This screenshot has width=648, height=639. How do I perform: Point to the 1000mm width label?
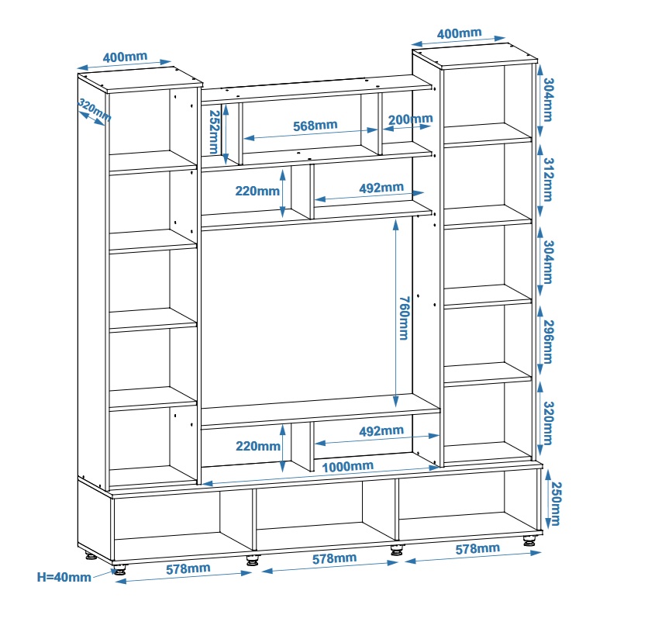click(348, 466)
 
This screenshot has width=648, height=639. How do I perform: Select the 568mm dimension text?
click(315, 125)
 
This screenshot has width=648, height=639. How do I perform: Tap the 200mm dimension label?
click(410, 119)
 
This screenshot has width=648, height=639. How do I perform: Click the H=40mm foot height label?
click(64, 576)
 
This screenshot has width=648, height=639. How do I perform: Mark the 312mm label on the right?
click(548, 179)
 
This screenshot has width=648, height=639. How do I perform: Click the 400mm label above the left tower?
click(125, 57)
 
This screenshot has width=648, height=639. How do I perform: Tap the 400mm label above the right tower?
click(459, 34)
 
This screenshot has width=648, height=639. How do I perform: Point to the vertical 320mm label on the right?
click(548, 423)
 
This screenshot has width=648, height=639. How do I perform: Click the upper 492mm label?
click(381, 188)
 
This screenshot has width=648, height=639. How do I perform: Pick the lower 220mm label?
click(257, 446)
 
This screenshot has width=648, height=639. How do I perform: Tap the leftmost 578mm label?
click(188, 568)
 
